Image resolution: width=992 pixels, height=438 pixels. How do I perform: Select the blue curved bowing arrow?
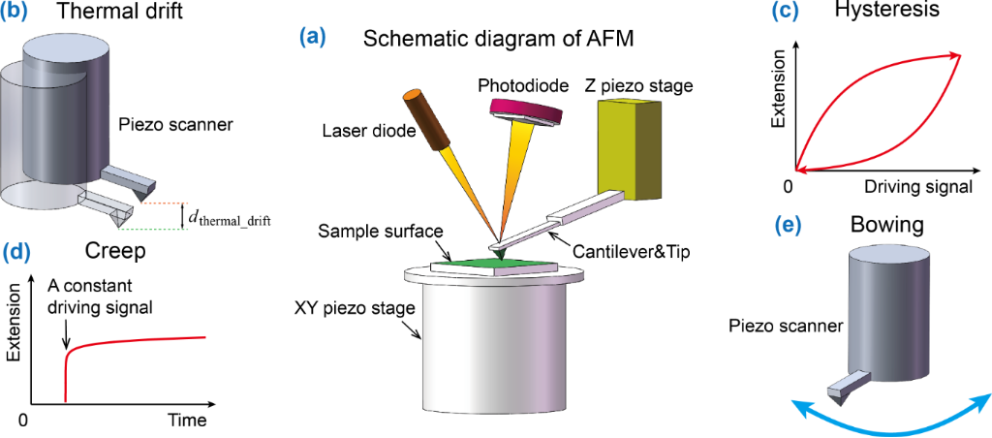[892, 419]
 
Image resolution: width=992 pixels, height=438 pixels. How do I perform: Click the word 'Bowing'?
[886, 226]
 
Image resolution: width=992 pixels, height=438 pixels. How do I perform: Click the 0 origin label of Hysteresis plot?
[789, 186]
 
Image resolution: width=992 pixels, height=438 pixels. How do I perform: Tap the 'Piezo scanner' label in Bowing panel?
[781, 327]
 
